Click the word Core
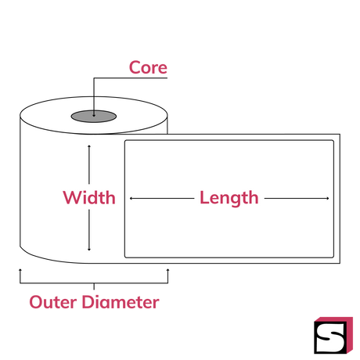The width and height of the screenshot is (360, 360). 148,67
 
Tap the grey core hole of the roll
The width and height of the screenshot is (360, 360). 94,116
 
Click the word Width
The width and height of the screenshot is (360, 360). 89,197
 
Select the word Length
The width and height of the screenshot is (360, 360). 229,198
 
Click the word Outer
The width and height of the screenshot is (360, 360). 53,302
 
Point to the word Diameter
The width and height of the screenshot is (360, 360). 121,302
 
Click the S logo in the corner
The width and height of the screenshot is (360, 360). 333,336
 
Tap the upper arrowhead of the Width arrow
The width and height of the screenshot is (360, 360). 89,146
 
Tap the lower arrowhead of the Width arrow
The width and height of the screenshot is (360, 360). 89,250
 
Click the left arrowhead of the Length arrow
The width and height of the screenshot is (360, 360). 131,199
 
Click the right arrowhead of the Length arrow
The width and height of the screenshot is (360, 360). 328,199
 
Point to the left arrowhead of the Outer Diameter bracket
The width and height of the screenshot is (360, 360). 20,270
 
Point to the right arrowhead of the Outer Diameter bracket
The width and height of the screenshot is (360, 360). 167,270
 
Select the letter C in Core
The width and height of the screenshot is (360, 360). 135,67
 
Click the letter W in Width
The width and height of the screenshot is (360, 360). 74,197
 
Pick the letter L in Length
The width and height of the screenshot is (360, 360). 204,197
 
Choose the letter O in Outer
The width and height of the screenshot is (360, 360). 36,302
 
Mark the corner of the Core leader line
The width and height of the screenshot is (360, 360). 94,77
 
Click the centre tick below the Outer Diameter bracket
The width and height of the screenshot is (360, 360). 94,286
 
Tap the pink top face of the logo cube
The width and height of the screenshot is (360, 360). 333,319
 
